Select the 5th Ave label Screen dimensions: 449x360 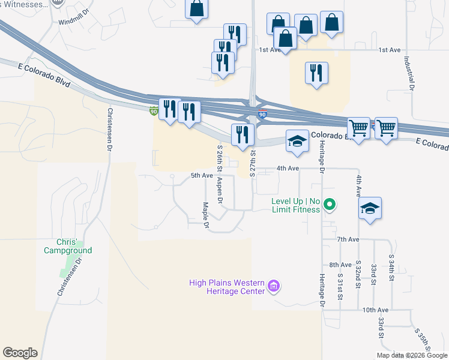point(202,175)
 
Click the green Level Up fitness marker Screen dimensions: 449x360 point(329,206)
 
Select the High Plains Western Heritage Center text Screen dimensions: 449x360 point(226,287)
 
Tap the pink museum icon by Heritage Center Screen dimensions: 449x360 point(274,286)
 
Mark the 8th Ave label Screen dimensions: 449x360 point(340,265)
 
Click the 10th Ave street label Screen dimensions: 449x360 point(375,310)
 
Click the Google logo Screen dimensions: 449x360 point(20,353)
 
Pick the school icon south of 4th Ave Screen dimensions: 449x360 point(370,208)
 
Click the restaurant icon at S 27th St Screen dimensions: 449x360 point(243,135)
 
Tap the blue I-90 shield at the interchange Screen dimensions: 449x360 point(262,113)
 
